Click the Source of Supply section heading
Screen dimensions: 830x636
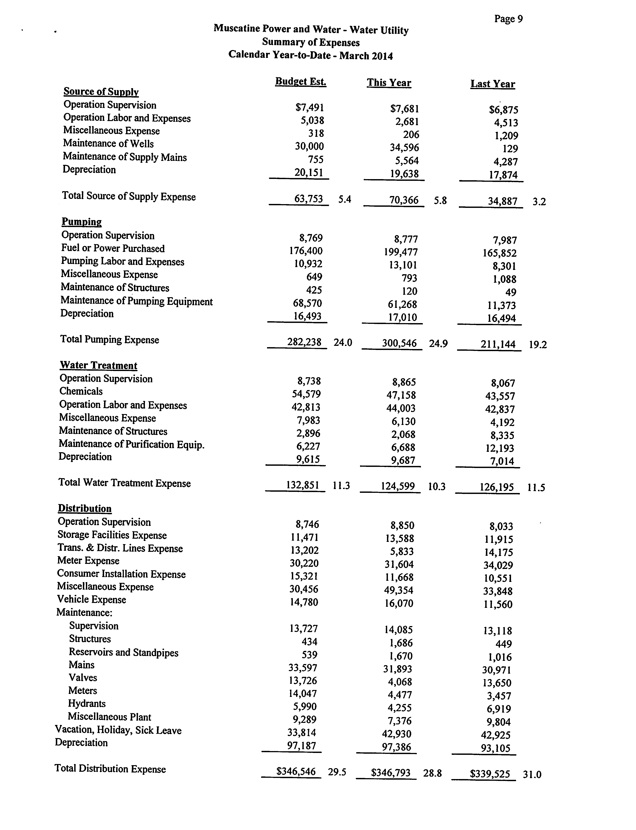pos(101,92)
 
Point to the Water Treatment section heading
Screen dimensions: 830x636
pos(98,365)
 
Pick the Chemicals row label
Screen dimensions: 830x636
pos(81,391)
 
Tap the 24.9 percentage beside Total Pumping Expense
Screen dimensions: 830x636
pos(438,343)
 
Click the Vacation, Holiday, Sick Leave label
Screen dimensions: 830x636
pos(118,730)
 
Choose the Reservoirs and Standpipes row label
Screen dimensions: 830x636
pos(123,652)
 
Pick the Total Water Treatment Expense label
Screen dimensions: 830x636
pos(125,483)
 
